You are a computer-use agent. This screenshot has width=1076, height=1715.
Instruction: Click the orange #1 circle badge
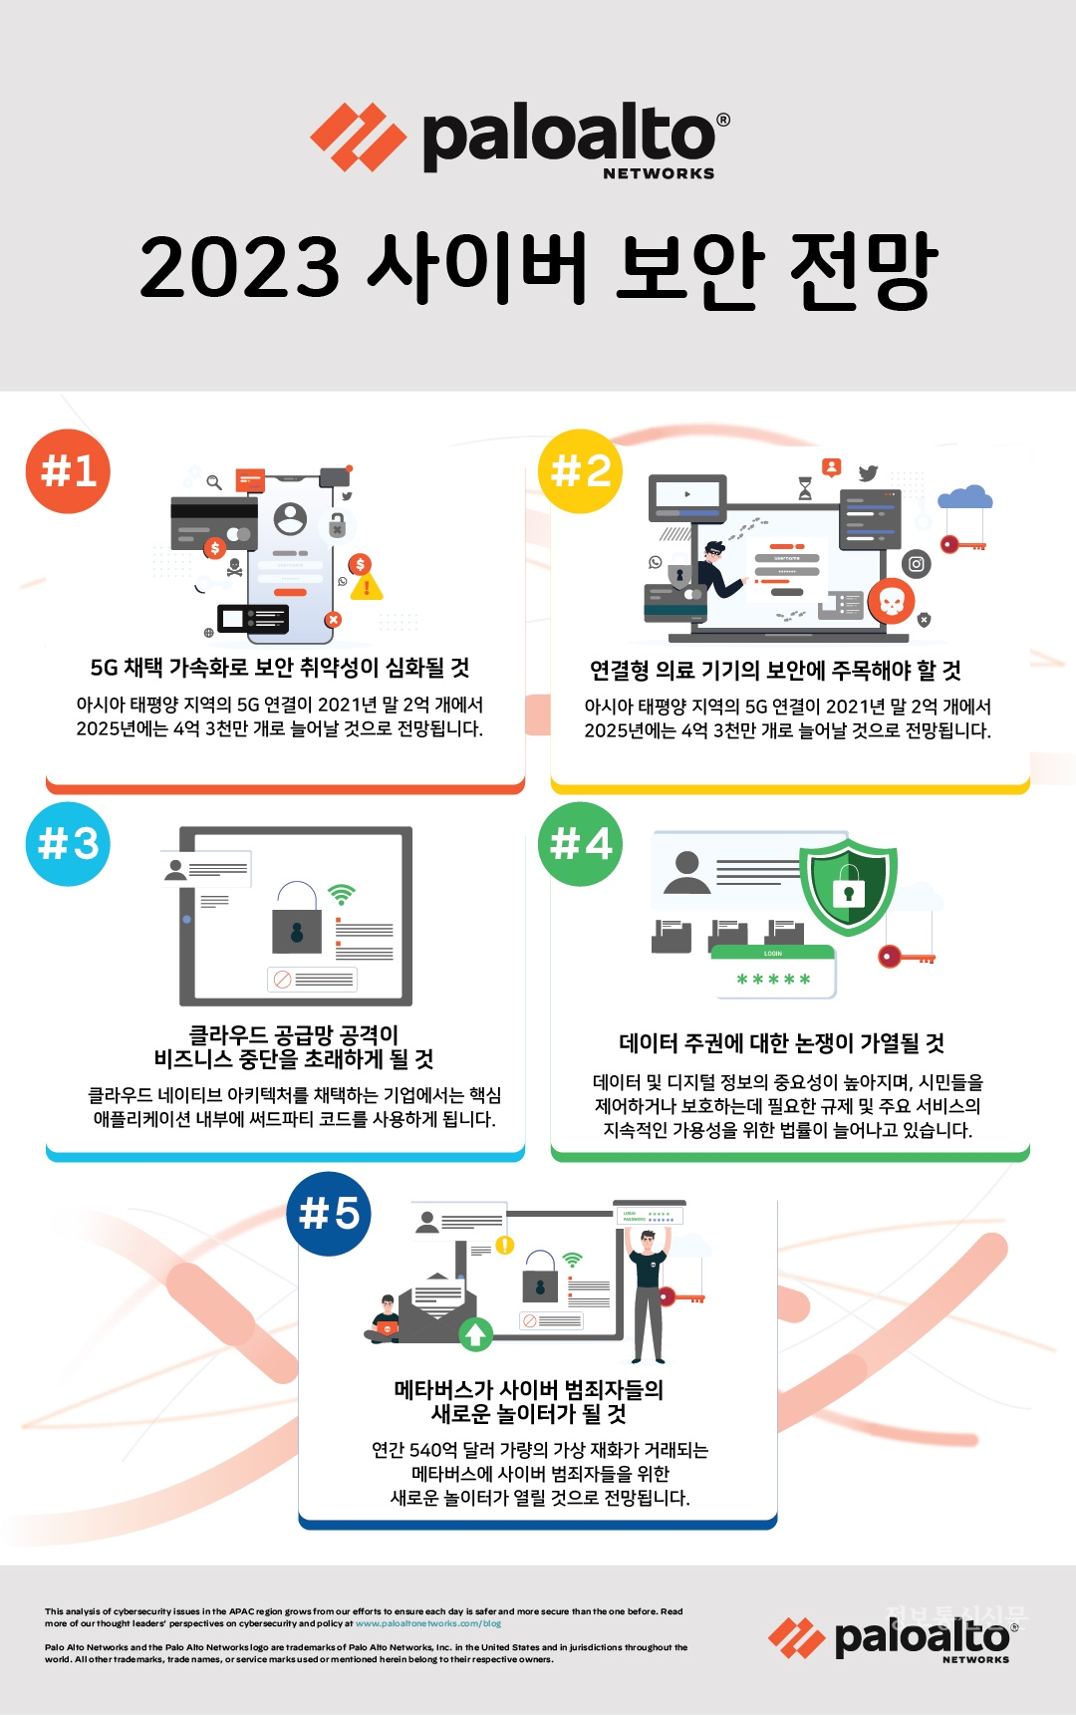point(68,470)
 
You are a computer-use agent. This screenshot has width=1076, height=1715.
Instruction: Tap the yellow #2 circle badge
point(580,470)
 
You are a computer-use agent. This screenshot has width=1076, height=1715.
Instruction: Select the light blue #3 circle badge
point(68,843)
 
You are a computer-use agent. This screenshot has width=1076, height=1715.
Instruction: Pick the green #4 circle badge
point(580,843)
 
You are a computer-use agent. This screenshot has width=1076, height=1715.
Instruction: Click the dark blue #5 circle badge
point(329,1213)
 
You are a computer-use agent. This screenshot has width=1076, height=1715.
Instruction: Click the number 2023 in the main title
point(239,267)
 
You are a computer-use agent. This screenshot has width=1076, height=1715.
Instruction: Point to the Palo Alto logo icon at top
point(358,138)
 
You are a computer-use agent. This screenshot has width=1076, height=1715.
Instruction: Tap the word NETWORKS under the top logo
point(659,173)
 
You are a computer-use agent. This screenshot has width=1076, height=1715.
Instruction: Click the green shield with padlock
point(849,885)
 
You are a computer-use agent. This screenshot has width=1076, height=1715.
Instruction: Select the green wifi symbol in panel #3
point(342,894)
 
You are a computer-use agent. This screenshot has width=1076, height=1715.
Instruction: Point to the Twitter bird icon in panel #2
point(868,473)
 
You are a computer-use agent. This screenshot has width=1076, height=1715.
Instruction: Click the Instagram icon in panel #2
point(916,564)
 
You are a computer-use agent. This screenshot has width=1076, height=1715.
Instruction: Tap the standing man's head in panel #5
point(648,1242)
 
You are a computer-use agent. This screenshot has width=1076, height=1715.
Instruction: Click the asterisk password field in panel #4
point(773,980)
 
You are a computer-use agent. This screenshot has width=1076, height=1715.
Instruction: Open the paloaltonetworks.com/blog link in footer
point(428,1623)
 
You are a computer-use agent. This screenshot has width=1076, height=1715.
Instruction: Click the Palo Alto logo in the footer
point(893,1639)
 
